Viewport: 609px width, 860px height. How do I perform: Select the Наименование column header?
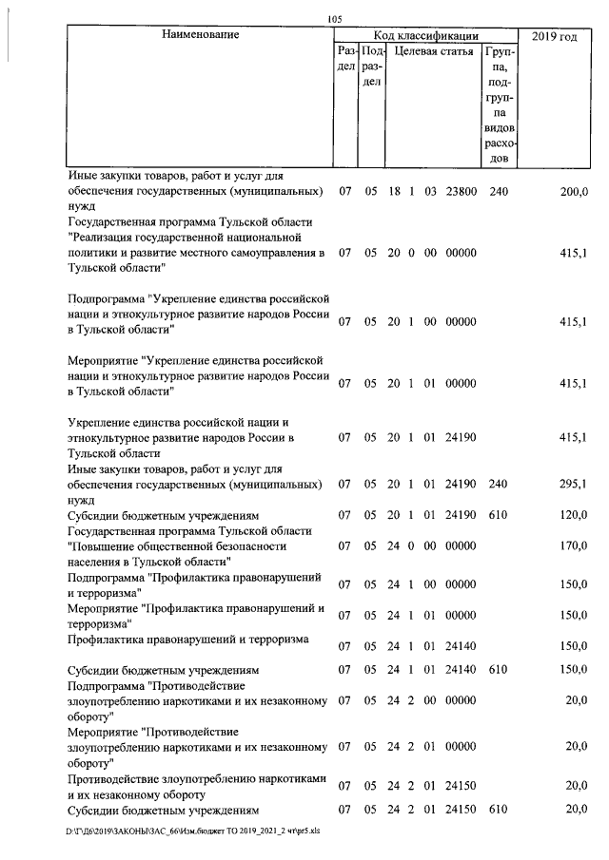coord(200,35)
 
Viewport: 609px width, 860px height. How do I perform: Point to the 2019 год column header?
coord(555,35)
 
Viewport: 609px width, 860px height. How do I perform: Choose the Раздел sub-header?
coord(346,59)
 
